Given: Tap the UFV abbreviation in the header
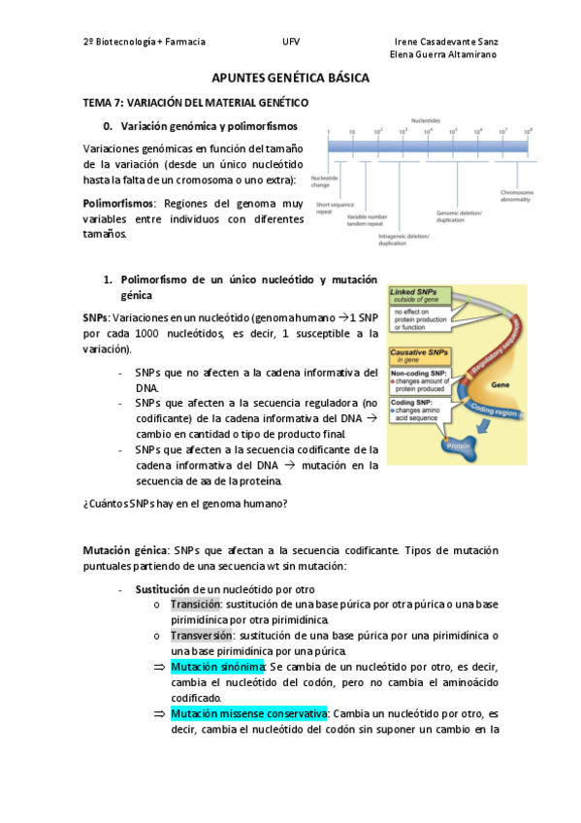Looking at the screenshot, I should (x=291, y=42).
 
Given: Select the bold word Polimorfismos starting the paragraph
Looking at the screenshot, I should (x=119, y=204).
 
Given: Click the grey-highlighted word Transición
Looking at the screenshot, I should (x=195, y=604).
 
